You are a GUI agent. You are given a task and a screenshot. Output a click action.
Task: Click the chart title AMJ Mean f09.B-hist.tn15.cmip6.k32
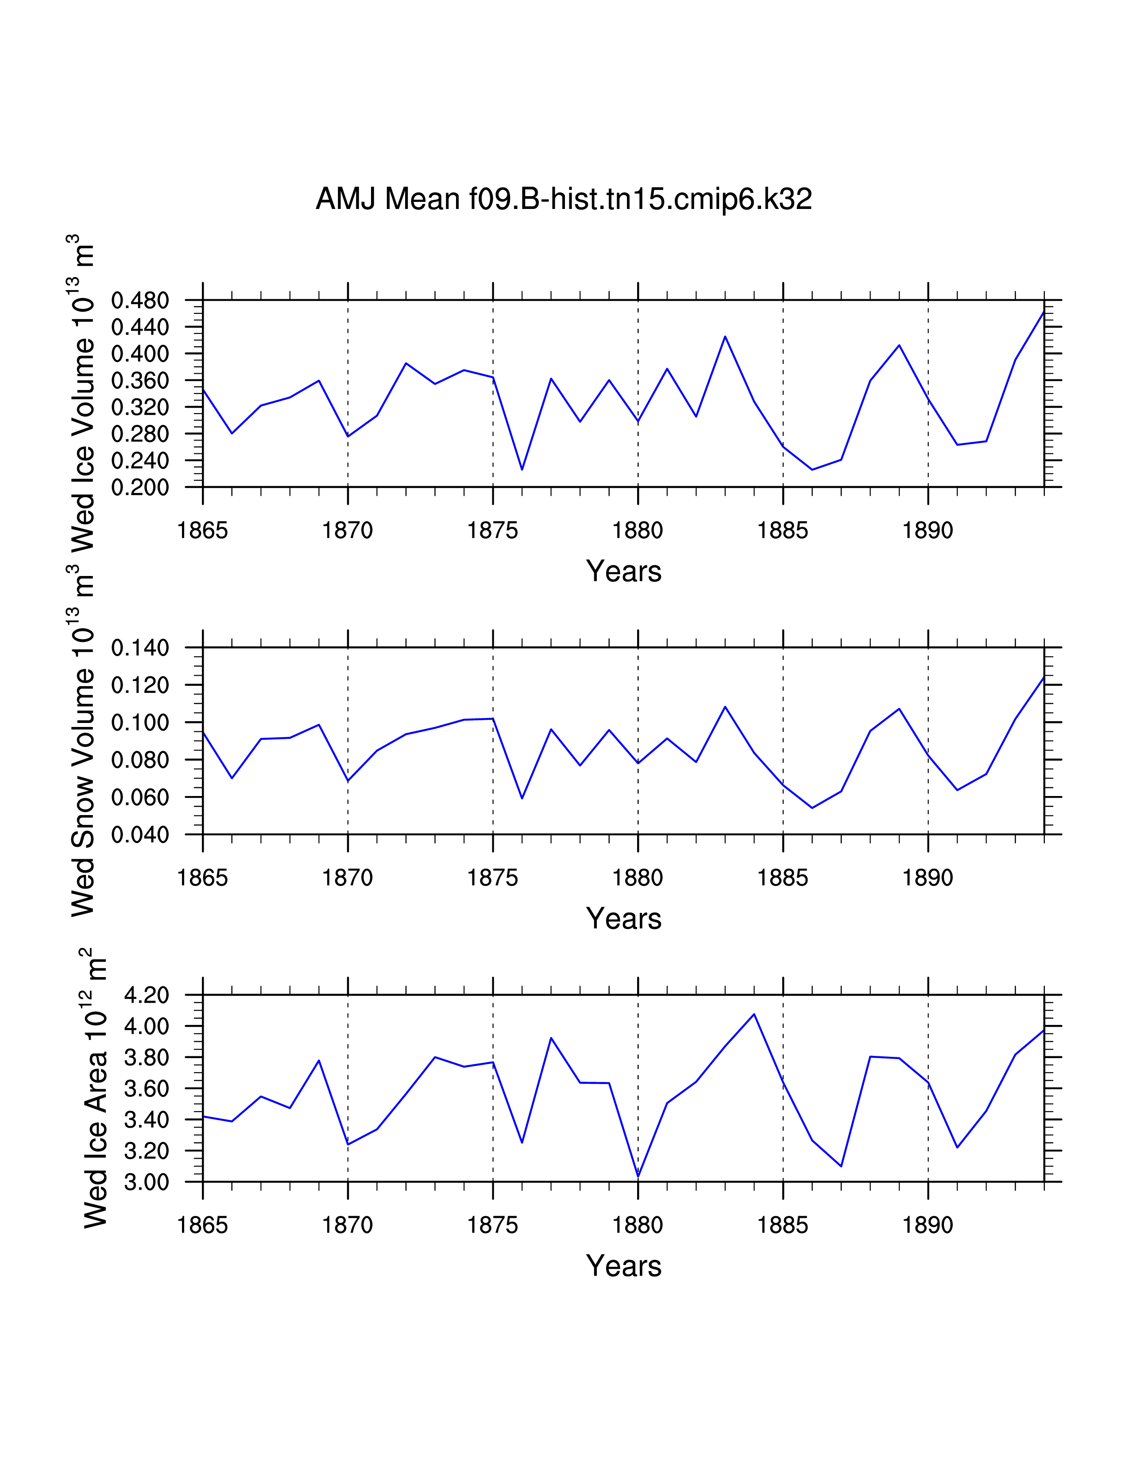[x=564, y=199]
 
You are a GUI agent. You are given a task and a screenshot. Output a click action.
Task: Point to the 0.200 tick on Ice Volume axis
[x=140, y=488]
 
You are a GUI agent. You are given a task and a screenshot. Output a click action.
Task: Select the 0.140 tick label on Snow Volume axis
[x=140, y=648]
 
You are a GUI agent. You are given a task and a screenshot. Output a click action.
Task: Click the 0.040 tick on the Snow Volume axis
[x=140, y=835]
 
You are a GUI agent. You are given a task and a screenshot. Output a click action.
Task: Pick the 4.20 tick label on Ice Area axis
[x=147, y=995]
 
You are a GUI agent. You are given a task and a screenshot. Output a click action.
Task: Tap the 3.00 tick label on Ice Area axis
[x=147, y=1182]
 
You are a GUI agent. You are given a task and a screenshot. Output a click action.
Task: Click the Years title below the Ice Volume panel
[x=623, y=571]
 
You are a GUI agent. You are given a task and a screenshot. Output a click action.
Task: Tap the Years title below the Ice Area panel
[x=623, y=1266]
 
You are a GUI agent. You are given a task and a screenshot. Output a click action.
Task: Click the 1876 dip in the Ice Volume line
[x=522, y=470]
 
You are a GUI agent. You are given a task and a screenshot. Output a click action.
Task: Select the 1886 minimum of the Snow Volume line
[x=812, y=808]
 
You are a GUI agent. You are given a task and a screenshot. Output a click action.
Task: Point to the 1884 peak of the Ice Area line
[x=754, y=1014]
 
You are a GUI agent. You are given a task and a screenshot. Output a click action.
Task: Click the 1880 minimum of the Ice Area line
[x=638, y=1177]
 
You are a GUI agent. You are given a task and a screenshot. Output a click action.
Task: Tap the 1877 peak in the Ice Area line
[x=551, y=1038]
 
